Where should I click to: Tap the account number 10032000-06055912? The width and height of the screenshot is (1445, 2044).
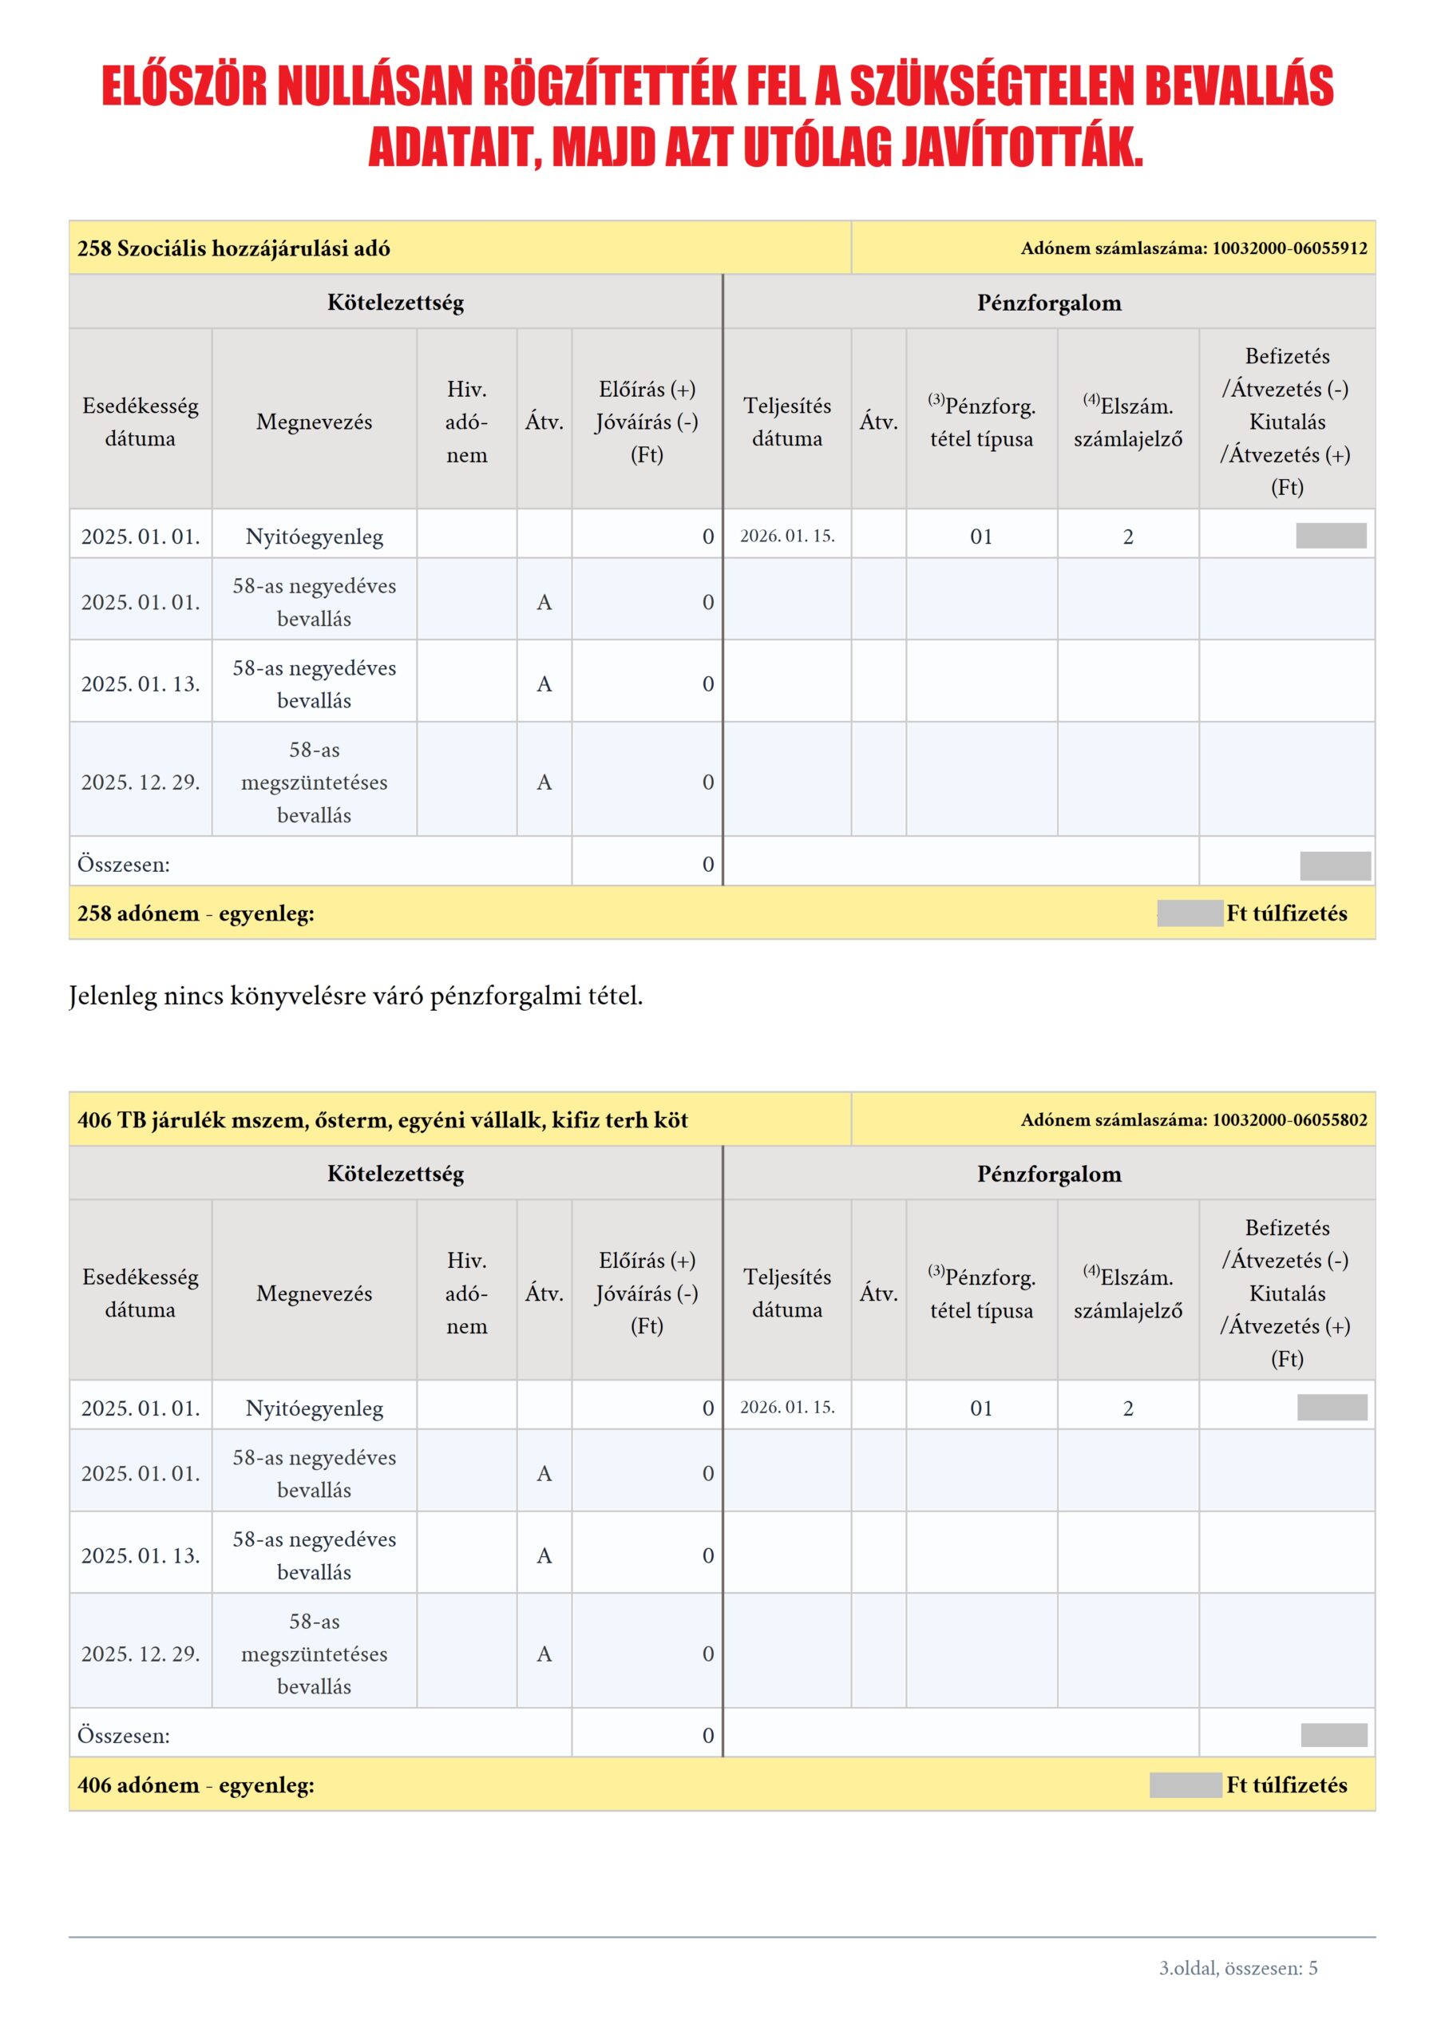click(1289, 248)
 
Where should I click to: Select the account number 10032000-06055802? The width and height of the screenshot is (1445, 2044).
click(1289, 1120)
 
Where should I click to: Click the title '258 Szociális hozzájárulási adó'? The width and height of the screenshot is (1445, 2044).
click(233, 248)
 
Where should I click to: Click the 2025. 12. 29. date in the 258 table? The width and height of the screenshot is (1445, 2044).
click(141, 782)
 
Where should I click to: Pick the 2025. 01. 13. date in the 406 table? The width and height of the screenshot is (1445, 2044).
click(141, 1555)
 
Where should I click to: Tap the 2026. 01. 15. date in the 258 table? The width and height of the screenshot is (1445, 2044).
click(787, 536)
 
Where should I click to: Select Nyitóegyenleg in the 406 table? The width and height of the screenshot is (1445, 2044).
click(315, 1408)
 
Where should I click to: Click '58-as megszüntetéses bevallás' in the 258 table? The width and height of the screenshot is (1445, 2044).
click(315, 782)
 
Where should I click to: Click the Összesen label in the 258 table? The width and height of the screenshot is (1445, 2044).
click(123, 865)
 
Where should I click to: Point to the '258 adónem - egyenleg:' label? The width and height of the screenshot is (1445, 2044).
click(196, 913)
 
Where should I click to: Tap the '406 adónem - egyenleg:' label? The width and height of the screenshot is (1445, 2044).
click(196, 1785)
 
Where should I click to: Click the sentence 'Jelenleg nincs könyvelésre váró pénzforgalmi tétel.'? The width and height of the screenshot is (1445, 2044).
click(355, 996)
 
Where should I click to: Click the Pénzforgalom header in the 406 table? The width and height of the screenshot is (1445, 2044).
click(1049, 1175)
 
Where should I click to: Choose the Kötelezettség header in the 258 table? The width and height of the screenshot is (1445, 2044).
click(395, 303)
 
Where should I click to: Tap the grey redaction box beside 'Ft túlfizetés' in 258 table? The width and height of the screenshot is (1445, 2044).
click(1190, 913)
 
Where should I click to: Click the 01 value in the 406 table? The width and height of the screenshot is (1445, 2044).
click(981, 1408)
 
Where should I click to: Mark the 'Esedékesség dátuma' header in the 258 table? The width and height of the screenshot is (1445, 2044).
click(141, 422)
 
